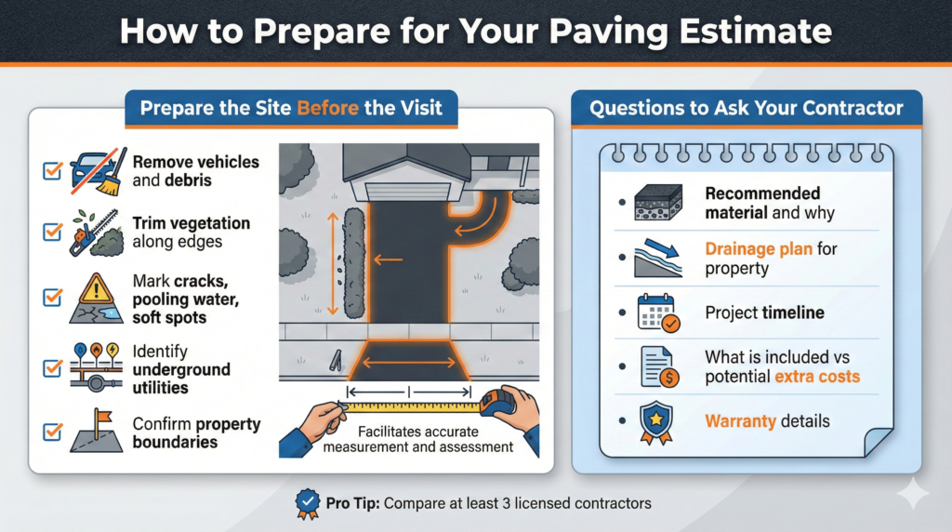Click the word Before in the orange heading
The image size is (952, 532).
(x=327, y=109)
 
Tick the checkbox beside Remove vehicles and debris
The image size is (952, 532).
(x=52, y=170)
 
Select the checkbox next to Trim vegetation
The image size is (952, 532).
(x=52, y=233)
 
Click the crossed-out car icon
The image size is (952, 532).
(x=93, y=169)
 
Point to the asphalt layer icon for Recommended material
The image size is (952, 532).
(x=657, y=203)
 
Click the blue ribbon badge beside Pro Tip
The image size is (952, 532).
(x=307, y=503)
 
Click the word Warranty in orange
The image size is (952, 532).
(x=740, y=421)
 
